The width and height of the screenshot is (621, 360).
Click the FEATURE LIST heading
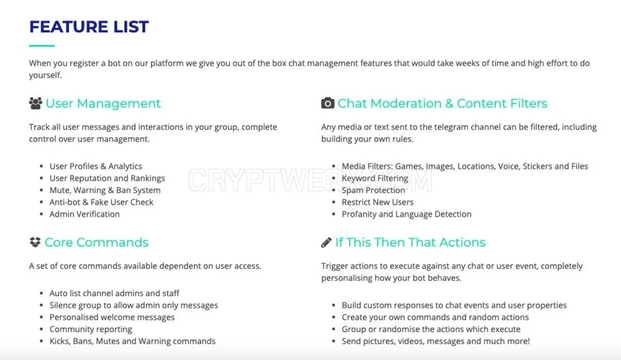pyautogui.click(x=89, y=27)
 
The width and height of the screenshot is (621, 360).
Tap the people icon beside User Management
pyautogui.click(x=35, y=104)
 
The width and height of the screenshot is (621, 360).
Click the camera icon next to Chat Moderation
pyautogui.click(x=327, y=103)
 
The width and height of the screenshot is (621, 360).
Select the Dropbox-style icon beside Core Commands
pyautogui.click(x=35, y=242)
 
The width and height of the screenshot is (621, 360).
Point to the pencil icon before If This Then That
pyautogui.click(x=327, y=242)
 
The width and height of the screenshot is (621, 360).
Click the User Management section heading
pyautogui.click(x=103, y=104)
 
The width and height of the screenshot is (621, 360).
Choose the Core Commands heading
pyautogui.click(x=96, y=242)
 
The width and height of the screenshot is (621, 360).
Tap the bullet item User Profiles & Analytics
pyautogui.click(x=96, y=166)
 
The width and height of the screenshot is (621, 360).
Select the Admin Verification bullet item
pyautogui.click(x=84, y=214)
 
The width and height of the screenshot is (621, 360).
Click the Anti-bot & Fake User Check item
pyautogui.click(x=101, y=202)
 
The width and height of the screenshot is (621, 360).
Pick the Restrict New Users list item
pyautogui.click(x=378, y=202)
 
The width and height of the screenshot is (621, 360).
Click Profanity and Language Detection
pyautogui.click(x=407, y=214)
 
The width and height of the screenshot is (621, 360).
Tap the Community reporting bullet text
pyautogui.click(x=91, y=330)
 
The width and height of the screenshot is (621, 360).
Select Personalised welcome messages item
pyautogui.click(x=112, y=317)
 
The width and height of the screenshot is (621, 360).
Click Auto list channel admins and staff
pyautogui.click(x=114, y=294)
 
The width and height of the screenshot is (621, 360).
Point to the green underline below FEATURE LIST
pyautogui.click(x=42, y=46)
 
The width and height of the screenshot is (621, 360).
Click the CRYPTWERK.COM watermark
pyautogui.click(x=310, y=180)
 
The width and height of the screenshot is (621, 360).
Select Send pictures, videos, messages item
pyautogui.click(x=436, y=341)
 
